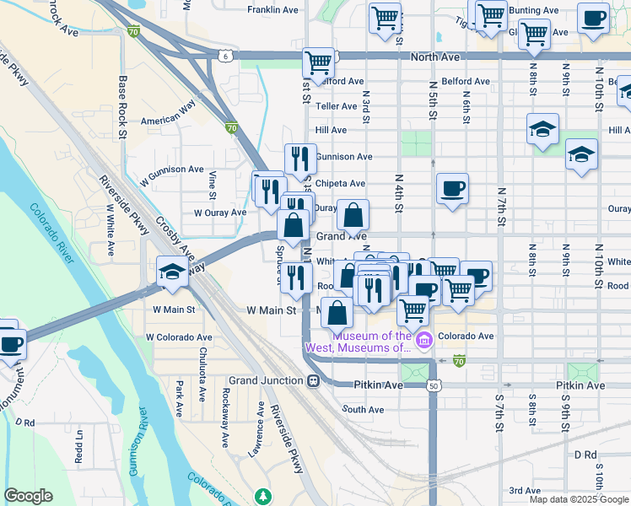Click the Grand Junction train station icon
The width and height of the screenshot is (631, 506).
[x=313, y=380]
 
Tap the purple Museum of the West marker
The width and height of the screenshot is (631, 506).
[x=424, y=341]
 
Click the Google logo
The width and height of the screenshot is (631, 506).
[x=28, y=496]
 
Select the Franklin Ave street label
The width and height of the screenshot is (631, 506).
[x=272, y=10]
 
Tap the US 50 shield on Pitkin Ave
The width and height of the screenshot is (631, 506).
[x=434, y=385]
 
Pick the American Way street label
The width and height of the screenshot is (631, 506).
[x=168, y=120]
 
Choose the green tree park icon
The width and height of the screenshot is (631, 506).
[x=264, y=495]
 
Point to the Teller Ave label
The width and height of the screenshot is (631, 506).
[x=336, y=106]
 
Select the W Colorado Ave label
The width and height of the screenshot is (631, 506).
[x=178, y=336]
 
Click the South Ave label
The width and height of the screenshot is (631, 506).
[x=364, y=410]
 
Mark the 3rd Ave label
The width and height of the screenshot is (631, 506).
[x=525, y=490]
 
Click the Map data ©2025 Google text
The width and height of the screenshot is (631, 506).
[x=578, y=499]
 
